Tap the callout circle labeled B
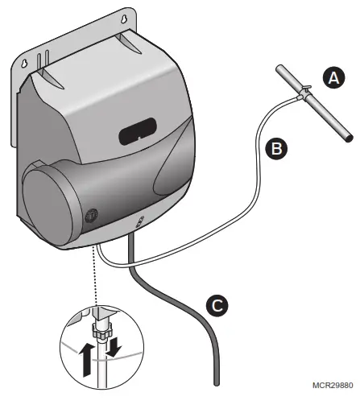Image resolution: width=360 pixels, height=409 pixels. [274, 148]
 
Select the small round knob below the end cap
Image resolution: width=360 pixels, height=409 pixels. [91, 215]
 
